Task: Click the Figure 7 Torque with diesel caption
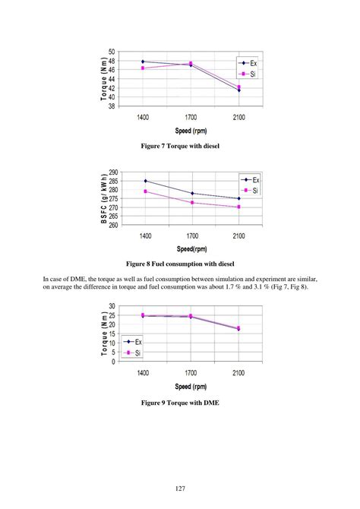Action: pyautogui.click(x=179, y=145)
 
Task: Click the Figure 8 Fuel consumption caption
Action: pyautogui.click(x=180, y=264)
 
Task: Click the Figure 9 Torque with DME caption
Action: pyautogui.click(x=179, y=402)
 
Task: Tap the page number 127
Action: pyautogui.click(x=179, y=488)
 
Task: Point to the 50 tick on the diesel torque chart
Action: pyautogui.click(x=112, y=52)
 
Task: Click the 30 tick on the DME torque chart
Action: pyautogui.click(x=112, y=306)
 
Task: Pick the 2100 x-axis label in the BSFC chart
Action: pyautogui.click(x=238, y=236)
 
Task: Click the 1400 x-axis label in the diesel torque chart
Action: pyautogui.click(x=143, y=118)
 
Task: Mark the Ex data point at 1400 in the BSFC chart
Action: pyautogui.click(x=145, y=181)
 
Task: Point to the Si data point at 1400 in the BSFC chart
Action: pyautogui.click(x=145, y=191)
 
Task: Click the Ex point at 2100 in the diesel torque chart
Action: pyautogui.click(x=238, y=90)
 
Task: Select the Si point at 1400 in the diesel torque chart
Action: pyautogui.click(x=143, y=68)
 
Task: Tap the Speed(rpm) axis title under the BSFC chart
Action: pyautogui.click(x=191, y=248)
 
